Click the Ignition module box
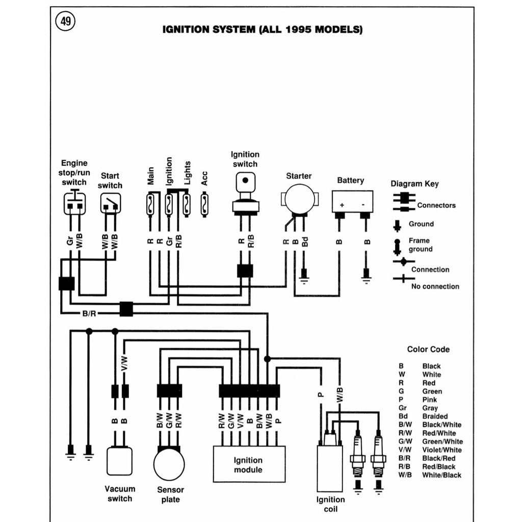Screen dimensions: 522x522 (248, 464)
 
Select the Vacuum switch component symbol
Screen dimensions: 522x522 (119, 461)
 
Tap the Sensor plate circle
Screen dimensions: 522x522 (169, 464)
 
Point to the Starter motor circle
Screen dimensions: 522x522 (298, 199)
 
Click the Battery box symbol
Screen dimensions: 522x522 (352, 202)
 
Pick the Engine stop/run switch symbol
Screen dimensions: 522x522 (74, 203)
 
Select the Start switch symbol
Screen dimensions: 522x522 (110, 203)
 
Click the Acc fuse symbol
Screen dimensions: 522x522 (204, 205)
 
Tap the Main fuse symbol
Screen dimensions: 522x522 (151, 205)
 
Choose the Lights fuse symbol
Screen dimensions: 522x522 (187, 205)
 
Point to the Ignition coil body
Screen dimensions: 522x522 (329, 468)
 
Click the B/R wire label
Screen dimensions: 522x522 (89, 313)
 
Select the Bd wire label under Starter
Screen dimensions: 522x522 (305, 242)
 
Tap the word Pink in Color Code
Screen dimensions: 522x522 (430, 400)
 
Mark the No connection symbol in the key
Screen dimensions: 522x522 (403, 279)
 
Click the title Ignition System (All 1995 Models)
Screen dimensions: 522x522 (263, 30)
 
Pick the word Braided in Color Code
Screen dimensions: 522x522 (435, 416)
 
